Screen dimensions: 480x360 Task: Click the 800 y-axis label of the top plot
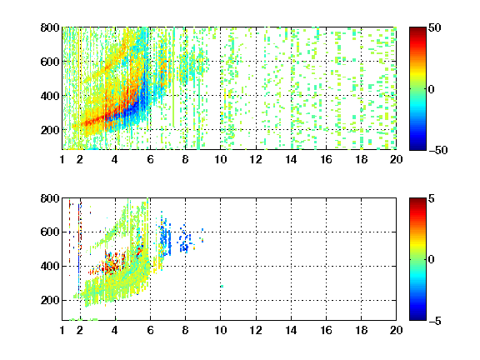[50, 27]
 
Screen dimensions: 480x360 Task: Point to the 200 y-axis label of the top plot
[50, 130]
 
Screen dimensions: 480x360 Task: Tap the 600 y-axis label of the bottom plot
[50, 232]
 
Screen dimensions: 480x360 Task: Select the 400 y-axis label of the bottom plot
[50, 266]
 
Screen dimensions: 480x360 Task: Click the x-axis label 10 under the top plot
[220, 159]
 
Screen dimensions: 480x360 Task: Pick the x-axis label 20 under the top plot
[396, 159]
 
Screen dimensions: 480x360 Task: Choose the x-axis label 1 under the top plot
[62, 159]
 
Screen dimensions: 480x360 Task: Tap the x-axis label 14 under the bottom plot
[291, 330]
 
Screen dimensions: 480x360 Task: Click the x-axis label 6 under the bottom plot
[150, 330]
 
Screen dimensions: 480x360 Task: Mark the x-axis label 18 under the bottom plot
[361, 330]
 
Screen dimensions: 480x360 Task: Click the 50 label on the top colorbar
[435, 27]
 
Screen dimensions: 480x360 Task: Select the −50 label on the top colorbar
[438, 150]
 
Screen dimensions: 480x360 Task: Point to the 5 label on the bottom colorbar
[432, 198]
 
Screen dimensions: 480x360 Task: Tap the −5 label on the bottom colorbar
[435, 321]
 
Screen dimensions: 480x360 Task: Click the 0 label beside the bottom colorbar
[432, 260]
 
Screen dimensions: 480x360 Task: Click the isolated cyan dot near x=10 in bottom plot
[222, 287]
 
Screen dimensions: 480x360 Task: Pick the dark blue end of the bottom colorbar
[417, 317]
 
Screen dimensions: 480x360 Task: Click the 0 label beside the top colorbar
[432, 89]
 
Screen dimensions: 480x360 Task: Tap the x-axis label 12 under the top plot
[256, 159]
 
